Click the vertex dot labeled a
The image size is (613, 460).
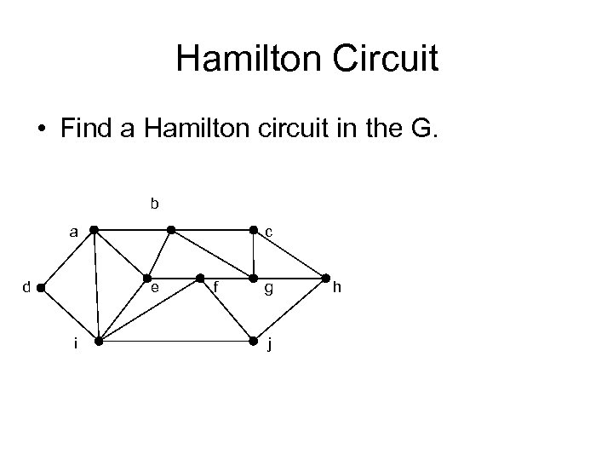pos(94,230)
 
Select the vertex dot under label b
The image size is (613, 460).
pos(171,230)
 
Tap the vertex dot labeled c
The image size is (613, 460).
pos(254,230)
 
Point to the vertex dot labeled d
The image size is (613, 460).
pos(40,288)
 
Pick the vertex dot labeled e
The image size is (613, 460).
pos(146,278)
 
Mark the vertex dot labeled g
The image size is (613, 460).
pos(254,278)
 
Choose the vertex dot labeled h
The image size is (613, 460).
pos(326,278)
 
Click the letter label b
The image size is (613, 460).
pos(154,204)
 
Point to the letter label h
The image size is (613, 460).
pos(336,288)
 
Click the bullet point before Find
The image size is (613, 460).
pos(42,130)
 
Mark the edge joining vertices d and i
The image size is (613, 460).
pos(69,314)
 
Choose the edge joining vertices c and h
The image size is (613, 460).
pos(289,254)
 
